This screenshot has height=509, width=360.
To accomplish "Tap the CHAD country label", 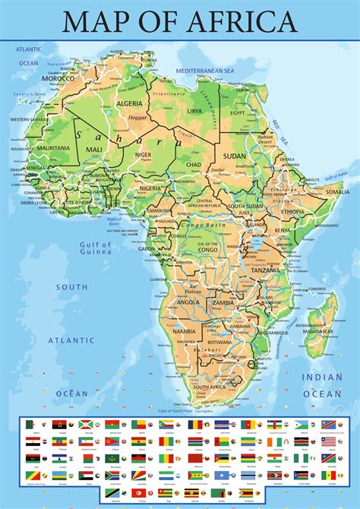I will click(x=194, y=165).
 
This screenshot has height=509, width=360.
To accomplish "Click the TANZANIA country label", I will click(x=266, y=270).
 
